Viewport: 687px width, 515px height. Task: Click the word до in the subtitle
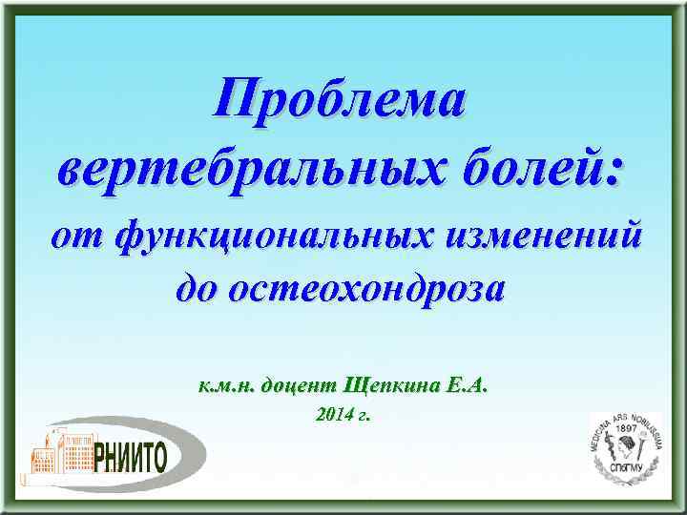[x=199, y=287]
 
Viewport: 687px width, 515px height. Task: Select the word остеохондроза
[x=373, y=287]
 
